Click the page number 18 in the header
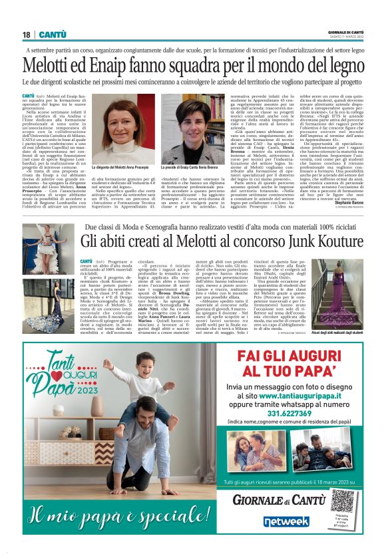point(27,35)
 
